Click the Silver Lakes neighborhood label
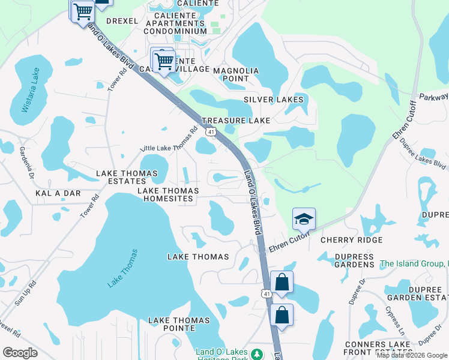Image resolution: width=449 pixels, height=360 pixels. point(273,100)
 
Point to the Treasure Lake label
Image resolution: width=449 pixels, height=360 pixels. point(236,121)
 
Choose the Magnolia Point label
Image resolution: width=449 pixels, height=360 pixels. point(236,74)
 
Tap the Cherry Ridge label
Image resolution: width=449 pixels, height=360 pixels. point(351,240)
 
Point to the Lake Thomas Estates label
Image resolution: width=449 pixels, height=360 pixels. point(127,177)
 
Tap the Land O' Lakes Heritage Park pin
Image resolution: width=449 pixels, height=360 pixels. point(257,353)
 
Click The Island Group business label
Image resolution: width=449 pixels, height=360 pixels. point(414,263)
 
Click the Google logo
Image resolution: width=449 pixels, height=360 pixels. point(20,353)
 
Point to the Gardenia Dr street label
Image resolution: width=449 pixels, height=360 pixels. point(26,164)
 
